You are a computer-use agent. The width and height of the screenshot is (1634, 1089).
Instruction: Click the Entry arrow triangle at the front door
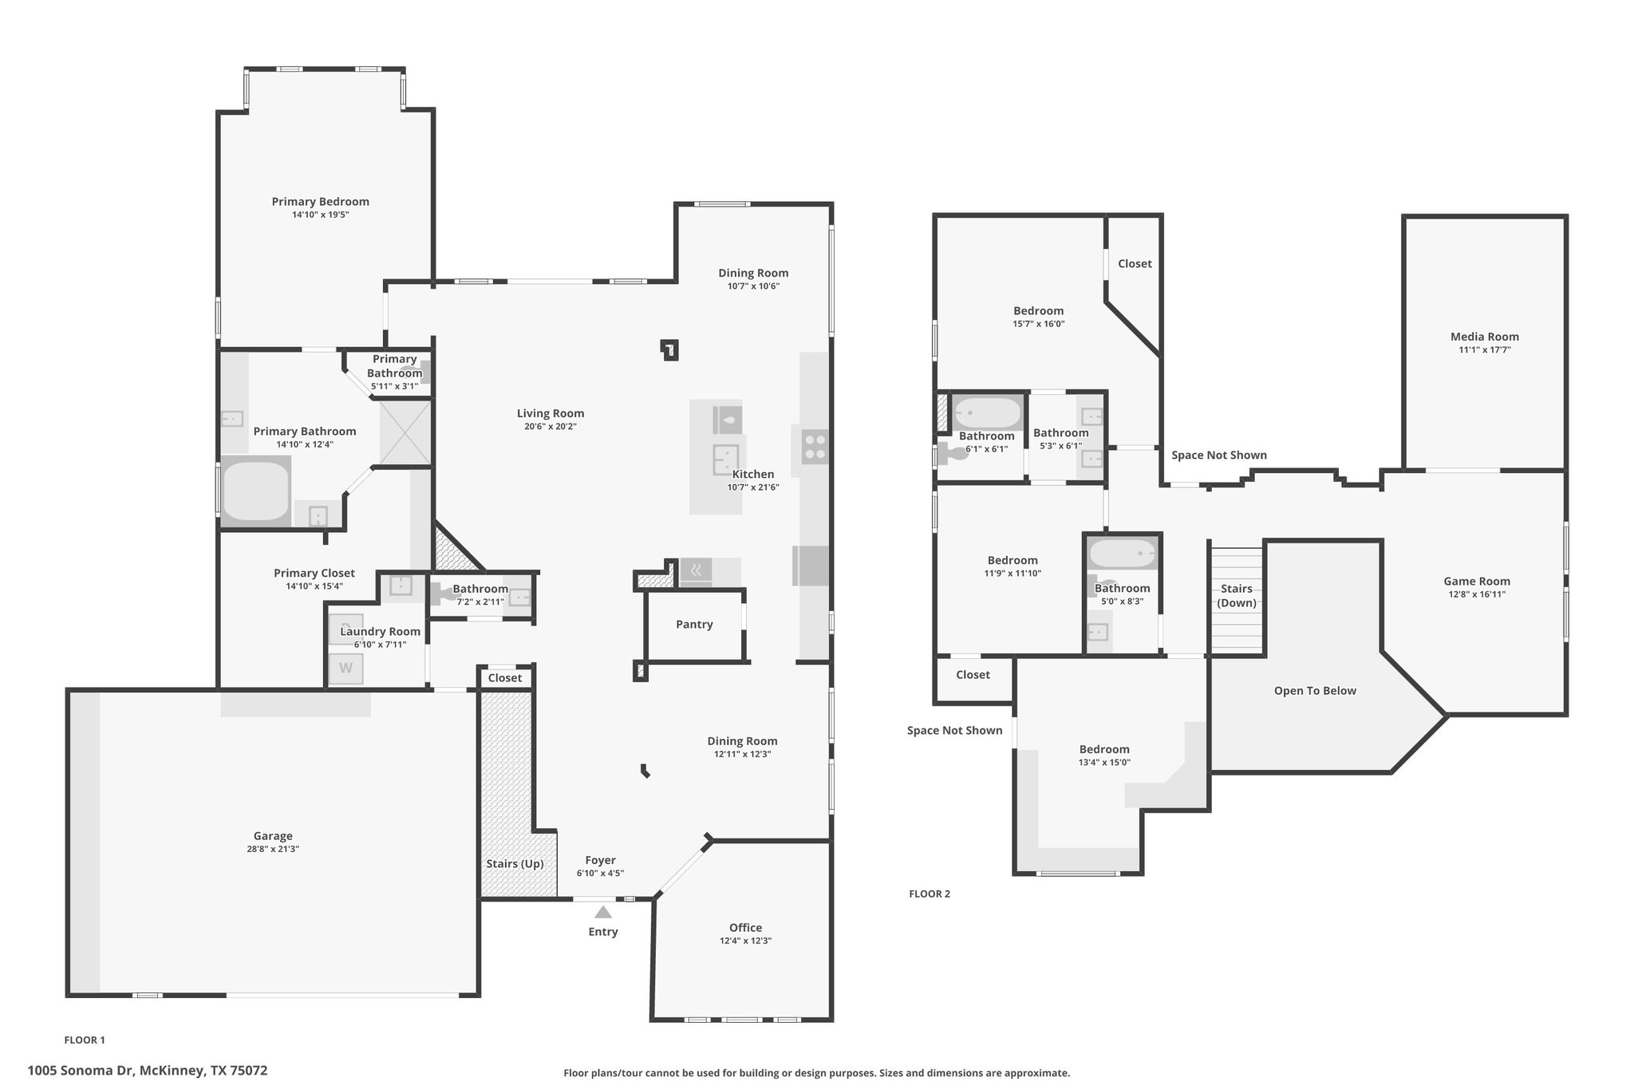(x=603, y=912)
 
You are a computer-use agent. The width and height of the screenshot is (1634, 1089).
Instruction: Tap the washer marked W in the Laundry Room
(x=346, y=668)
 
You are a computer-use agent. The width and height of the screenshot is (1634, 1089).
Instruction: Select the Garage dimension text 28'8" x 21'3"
(x=273, y=849)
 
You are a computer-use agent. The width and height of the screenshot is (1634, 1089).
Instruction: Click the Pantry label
(x=694, y=624)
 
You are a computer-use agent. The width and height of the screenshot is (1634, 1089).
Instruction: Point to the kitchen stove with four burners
(x=814, y=446)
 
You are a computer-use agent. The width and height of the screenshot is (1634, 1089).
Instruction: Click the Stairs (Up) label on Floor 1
(x=515, y=863)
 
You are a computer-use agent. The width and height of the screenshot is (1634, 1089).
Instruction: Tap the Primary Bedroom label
(x=320, y=201)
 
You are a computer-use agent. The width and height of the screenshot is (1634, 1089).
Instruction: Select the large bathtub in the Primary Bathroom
(x=255, y=491)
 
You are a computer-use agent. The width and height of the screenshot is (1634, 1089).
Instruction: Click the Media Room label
(x=1484, y=337)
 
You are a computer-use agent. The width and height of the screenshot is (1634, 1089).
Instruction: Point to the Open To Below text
(x=1314, y=690)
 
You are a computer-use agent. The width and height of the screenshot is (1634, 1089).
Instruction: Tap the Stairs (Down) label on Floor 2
(x=1236, y=595)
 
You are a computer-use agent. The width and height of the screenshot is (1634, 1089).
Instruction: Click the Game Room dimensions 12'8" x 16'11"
(x=1477, y=594)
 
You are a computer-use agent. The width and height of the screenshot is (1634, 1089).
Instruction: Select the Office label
(x=745, y=927)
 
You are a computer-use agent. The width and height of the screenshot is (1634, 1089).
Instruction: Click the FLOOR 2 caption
(x=929, y=894)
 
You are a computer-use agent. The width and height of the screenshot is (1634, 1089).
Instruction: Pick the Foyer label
(x=600, y=860)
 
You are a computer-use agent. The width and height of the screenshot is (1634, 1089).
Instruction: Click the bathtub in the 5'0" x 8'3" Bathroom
(x=1123, y=554)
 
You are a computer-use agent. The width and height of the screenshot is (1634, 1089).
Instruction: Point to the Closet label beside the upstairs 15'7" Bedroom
(x=1134, y=263)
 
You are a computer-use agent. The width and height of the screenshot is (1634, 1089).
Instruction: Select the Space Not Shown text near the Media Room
(x=1218, y=455)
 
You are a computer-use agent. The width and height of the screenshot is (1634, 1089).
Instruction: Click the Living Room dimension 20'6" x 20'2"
(x=550, y=427)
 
